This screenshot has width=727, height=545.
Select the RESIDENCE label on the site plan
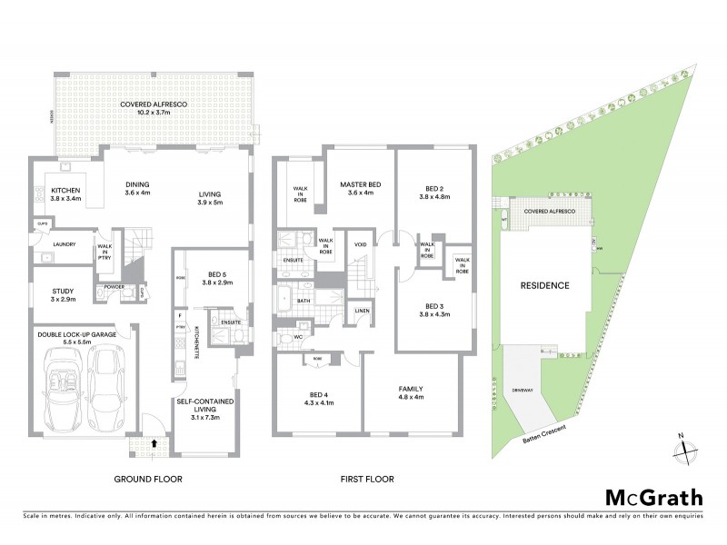(544, 285)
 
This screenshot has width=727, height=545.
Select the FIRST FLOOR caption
(365, 479)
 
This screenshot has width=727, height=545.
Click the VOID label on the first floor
(360, 244)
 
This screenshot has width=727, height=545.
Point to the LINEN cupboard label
(363, 312)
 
